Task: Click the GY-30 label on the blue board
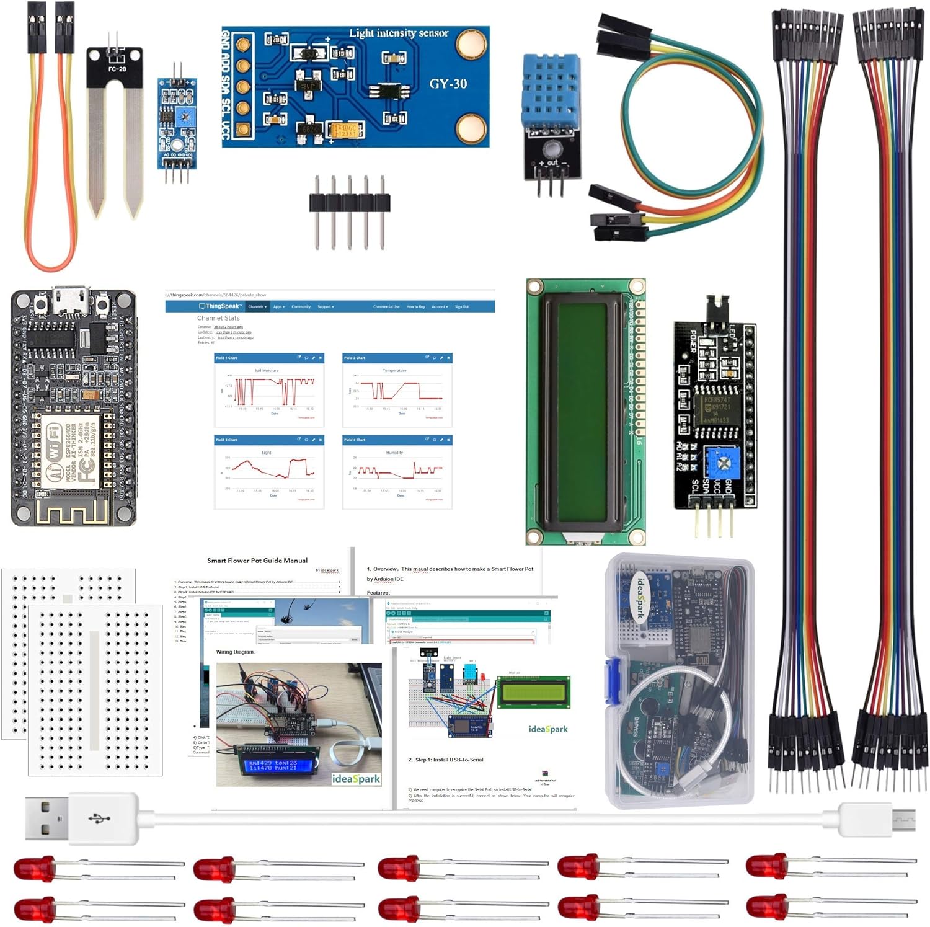(x=448, y=84)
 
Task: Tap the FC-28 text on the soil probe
(x=117, y=69)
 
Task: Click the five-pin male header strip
(x=350, y=203)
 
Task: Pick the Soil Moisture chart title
(x=266, y=370)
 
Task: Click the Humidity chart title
(x=394, y=453)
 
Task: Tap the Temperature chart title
(x=394, y=370)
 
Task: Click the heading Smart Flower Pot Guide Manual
(x=257, y=561)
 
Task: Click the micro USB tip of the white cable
(x=905, y=820)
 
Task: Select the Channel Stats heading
(x=218, y=318)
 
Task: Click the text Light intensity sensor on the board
(x=399, y=33)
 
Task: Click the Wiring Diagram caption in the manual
(x=236, y=652)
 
